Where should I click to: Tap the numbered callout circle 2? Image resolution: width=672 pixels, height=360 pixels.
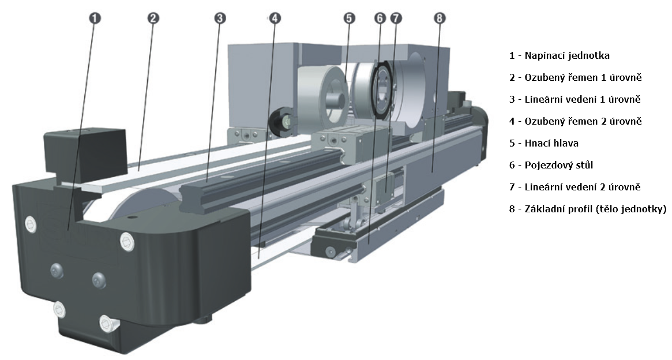(x=153, y=18)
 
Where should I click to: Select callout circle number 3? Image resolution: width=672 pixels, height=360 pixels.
(x=220, y=18)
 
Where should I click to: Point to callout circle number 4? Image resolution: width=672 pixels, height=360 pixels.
(x=275, y=18)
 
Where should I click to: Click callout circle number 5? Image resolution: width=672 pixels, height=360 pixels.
(x=350, y=18)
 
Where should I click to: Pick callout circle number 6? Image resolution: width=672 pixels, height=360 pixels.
(x=380, y=18)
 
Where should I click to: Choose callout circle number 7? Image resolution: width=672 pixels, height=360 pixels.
(x=395, y=18)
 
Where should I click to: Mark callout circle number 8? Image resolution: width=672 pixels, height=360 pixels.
(x=440, y=18)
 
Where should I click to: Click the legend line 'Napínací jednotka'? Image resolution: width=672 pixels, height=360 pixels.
(x=560, y=56)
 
